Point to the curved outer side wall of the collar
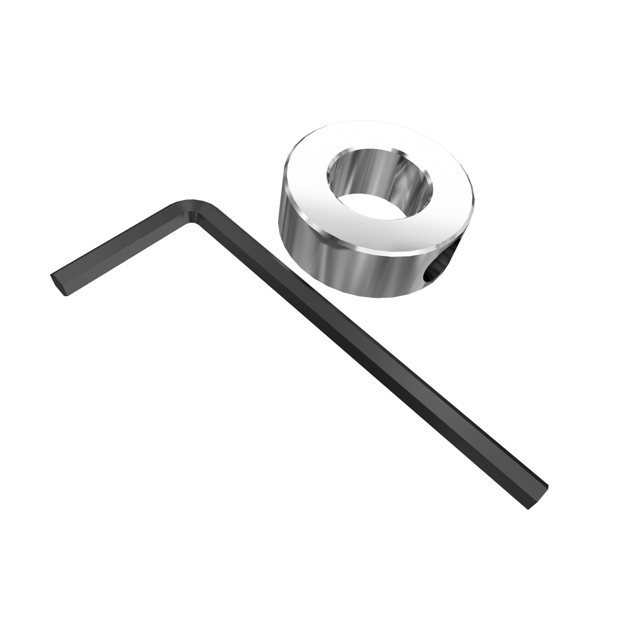coord(332,270)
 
